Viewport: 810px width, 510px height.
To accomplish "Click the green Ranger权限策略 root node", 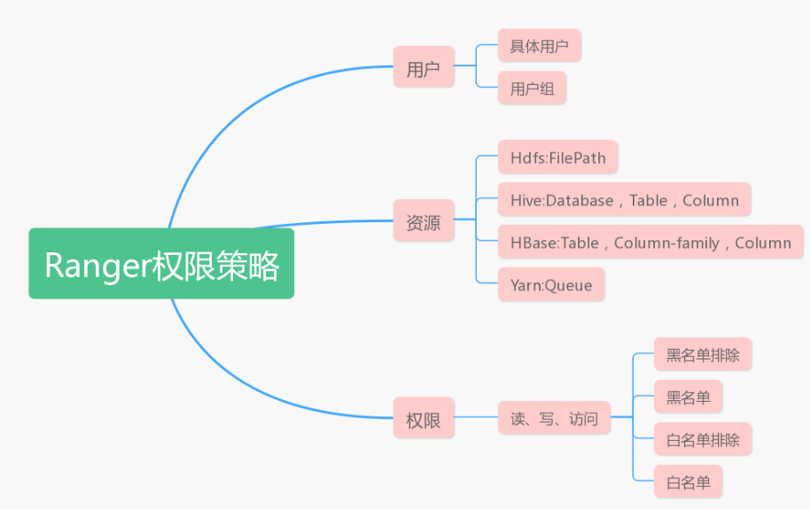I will click(x=161, y=264).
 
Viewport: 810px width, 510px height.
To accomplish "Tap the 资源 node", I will click(x=424, y=223).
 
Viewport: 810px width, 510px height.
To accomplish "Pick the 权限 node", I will click(x=424, y=419).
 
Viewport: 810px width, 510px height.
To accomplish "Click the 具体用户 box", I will click(x=539, y=46).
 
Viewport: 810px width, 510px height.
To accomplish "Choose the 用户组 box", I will click(x=532, y=89).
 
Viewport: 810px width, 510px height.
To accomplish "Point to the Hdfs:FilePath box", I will click(x=557, y=158).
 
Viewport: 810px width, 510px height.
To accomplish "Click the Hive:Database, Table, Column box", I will click(x=624, y=200).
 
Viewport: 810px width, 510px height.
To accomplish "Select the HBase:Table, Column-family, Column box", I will click(x=650, y=243).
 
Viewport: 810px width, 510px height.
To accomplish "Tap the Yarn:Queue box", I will click(x=551, y=285).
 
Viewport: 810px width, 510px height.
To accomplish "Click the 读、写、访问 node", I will click(x=554, y=419).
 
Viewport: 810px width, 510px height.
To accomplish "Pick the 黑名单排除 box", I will click(x=703, y=355).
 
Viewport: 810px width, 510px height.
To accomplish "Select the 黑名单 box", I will click(x=688, y=398).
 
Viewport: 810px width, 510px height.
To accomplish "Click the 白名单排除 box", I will click(x=703, y=439).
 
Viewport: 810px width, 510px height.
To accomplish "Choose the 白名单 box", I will click(x=688, y=483).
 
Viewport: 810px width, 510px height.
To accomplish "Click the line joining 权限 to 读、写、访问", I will click(x=476, y=417).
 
